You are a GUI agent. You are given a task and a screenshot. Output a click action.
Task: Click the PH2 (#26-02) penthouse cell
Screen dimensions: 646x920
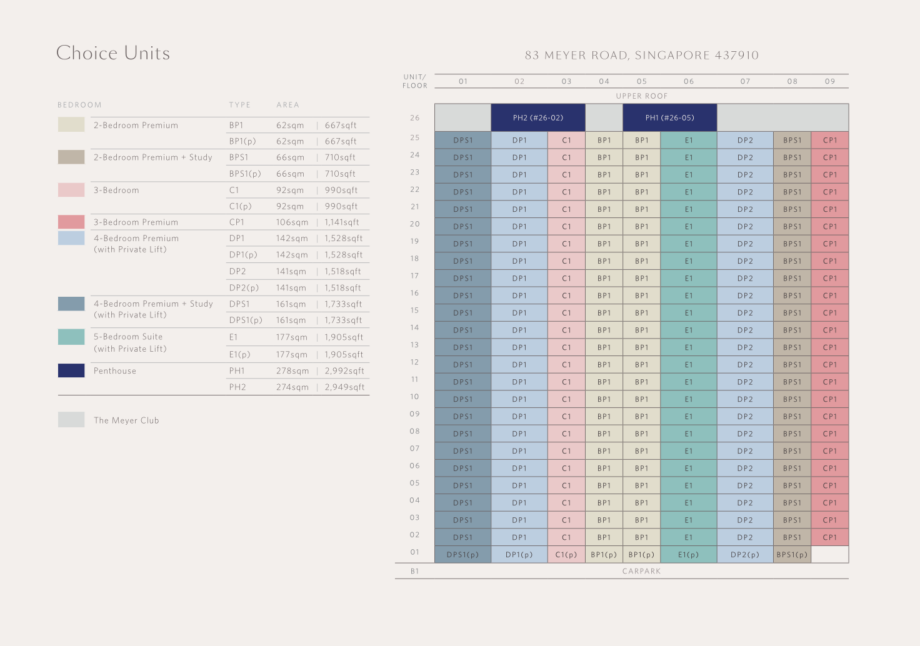click(x=537, y=117)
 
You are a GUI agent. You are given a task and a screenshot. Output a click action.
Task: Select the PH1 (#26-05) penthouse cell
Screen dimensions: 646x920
click(x=669, y=117)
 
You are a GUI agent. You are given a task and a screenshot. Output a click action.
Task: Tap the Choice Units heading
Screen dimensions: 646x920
click(x=113, y=53)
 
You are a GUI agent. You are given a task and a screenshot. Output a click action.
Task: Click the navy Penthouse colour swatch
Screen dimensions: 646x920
click(x=71, y=370)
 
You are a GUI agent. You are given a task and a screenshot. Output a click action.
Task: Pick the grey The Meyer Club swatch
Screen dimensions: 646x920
click(x=71, y=420)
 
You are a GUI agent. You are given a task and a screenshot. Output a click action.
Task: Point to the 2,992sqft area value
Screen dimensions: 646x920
click(x=344, y=370)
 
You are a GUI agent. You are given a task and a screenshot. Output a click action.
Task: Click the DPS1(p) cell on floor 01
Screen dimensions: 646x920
click(x=462, y=554)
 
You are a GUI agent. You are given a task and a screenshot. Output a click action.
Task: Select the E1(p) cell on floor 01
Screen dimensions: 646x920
click(x=688, y=554)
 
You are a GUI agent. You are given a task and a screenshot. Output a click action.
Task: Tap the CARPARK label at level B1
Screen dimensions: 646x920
click(x=641, y=571)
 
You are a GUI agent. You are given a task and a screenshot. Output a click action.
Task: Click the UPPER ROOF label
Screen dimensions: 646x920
click(x=642, y=96)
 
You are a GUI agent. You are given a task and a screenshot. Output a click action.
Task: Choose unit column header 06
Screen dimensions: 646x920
click(x=688, y=81)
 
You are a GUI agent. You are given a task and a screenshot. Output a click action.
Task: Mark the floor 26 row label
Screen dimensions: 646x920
click(x=415, y=117)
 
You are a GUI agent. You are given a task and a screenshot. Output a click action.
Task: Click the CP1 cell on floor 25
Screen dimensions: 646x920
click(x=829, y=140)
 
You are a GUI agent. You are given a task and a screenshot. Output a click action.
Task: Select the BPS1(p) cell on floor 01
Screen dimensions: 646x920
click(x=792, y=554)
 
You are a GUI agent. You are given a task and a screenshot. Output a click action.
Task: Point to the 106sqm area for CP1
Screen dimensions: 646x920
click(x=292, y=222)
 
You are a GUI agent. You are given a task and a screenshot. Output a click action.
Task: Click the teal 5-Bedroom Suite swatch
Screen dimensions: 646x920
click(x=71, y=337)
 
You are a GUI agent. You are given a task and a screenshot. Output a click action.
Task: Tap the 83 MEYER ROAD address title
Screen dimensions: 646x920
click(x=642, y=55)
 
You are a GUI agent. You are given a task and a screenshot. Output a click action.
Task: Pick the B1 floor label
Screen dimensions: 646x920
click(x=415, y=571)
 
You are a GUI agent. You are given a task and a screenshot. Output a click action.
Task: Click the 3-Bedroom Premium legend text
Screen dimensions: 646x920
click(x=136, y=222)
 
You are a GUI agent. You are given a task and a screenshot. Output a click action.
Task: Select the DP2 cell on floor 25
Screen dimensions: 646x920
click(x=745, y=140)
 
